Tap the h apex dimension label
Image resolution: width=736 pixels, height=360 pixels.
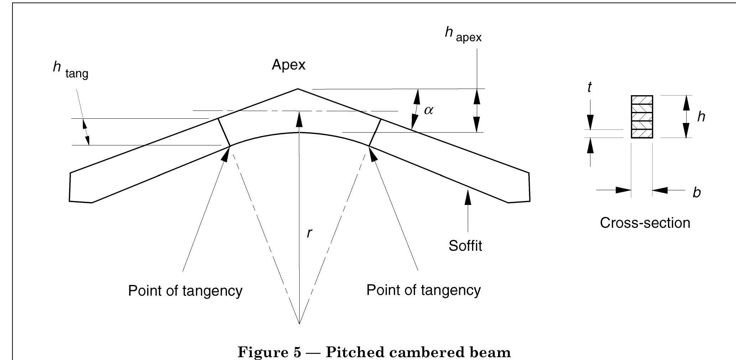463,34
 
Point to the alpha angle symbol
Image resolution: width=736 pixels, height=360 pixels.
429,110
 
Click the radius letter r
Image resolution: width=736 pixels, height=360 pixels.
309,233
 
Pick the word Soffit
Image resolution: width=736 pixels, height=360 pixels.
465,246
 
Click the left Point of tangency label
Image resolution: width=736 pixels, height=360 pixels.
185,291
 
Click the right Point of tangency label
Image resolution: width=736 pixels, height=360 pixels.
423,290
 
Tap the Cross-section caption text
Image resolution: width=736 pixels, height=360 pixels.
645,223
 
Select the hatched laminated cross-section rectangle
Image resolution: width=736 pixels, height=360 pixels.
642,117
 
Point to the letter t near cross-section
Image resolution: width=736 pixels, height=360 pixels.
590,87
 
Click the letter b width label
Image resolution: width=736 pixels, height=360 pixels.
696,193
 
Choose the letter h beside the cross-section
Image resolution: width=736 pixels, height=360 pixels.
701,117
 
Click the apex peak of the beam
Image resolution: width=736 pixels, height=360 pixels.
298,89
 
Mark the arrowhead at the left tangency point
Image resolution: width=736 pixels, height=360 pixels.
226,154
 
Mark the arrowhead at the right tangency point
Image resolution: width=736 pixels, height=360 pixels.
373,154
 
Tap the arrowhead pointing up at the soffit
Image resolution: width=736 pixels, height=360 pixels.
468,197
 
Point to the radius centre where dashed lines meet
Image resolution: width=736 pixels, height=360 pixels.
299,323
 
